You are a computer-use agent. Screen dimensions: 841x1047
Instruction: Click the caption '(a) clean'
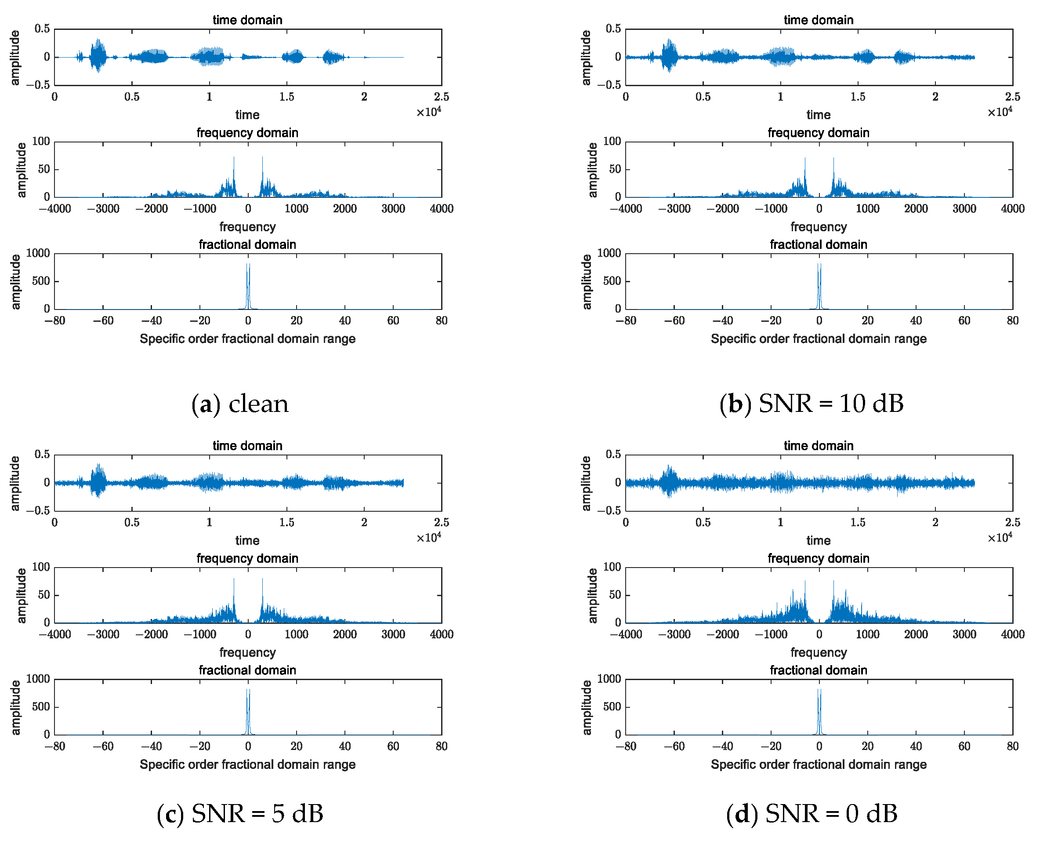click(x=239, y=404)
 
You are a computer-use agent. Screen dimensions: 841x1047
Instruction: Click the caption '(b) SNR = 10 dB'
click(x=811, y=404)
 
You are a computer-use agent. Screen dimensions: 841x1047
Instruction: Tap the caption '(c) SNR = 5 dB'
click(x=239, y=814)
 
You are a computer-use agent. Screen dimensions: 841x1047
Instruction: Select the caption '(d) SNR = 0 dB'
click(x=811, y=814)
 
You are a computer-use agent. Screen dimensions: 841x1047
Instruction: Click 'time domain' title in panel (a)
click(x=247, y=20)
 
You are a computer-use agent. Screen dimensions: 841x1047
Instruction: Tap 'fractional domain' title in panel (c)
click(x=247, y=670)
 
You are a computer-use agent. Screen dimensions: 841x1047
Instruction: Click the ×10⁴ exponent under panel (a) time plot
click(x=428, y=112)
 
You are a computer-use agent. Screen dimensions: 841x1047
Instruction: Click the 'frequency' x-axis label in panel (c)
click(x=247, y=652)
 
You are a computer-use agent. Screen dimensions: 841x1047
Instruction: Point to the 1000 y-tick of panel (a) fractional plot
click(x=38, y=253)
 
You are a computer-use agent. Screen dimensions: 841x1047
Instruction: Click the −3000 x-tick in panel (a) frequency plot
click(x=103, y=209)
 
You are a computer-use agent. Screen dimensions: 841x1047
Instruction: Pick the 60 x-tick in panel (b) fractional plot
click(x=964, y=320)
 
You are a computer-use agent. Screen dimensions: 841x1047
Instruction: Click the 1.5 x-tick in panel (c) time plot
click(x=286, y=523)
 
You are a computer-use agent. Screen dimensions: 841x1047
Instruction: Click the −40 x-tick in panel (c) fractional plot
click(x=151, y=746)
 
